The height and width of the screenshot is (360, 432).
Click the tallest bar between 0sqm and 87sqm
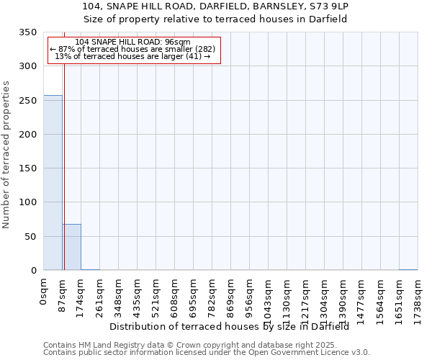pos(53,183)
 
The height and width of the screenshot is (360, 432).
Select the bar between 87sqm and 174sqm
pos(71,247)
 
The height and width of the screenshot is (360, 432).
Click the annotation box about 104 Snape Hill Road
pos(133,50)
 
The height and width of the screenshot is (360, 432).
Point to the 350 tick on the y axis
pos(28,33)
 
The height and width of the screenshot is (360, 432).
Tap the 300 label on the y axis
pos(28,67)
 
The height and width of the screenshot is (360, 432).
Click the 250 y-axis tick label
pos(28,101)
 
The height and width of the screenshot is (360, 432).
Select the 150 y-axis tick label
pos(28,168)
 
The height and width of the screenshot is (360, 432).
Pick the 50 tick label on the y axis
pos(31,237)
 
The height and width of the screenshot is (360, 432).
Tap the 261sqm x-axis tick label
pos(100,294)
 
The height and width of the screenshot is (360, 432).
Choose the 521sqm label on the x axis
pos(156,294)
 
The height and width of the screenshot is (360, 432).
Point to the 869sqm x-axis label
pos(231,294)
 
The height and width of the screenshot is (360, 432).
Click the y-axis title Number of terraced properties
pos(7,154)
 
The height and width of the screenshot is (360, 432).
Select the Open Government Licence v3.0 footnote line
pos(207,353)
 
